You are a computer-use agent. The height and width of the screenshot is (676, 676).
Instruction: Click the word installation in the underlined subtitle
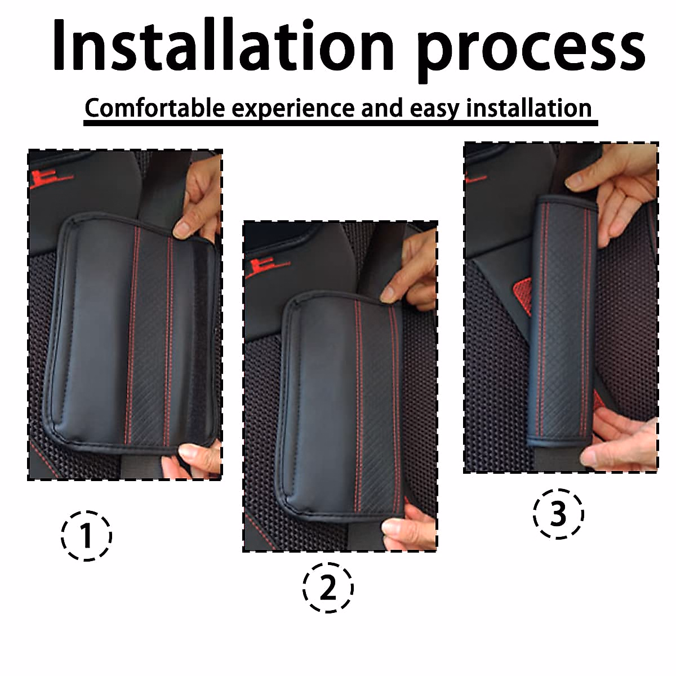coord(528,108)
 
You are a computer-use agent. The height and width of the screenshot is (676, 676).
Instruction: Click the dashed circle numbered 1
coord(86,535)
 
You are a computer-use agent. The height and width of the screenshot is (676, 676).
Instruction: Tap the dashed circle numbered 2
coord(328,588)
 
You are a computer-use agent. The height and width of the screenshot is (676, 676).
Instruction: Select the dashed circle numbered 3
coord(558,513)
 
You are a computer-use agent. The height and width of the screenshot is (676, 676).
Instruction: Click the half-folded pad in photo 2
coord(341,406)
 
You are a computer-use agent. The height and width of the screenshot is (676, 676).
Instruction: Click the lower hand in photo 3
coord(622,437)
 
